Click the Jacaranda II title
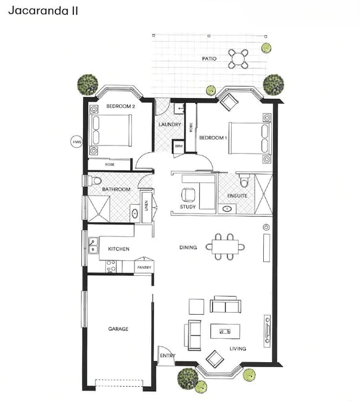[43, 10]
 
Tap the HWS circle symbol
[76, 142]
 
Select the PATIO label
[209, 59]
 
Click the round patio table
[238, 59]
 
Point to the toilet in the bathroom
[94, 181]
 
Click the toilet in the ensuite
[244, 180]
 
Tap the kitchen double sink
[93, 246]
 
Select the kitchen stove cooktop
[111, 267]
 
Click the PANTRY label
[144, 267]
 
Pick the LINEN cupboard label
[146, 205]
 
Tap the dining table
[225, 247]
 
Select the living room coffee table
[225, 331]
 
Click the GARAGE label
[118, 329]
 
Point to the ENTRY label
[168, 355]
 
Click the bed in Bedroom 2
[110, 131]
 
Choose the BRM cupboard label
[179, 147]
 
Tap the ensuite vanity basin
[227, 209]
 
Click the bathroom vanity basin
[135, 213]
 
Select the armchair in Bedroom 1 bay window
[229, 102]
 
